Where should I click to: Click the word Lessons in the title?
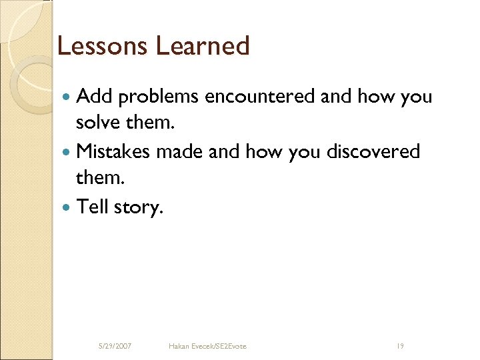click(x=102, y=46)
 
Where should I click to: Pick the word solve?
click(x=97, y=124)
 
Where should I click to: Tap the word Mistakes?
click(x=114, y=151)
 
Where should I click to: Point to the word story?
click(x=138, y=207)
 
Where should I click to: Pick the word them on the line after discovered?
click(x=98, y=179)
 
